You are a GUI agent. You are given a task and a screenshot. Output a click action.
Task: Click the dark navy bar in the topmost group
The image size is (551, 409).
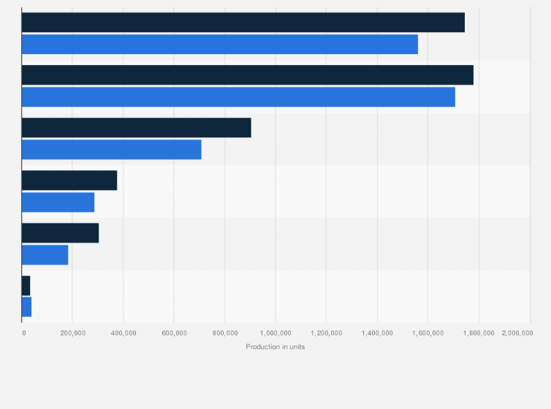(243, 23)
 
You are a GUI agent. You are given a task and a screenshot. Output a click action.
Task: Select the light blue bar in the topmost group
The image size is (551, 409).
(219, 45)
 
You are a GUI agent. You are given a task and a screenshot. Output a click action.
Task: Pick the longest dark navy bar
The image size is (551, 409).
(247, 75)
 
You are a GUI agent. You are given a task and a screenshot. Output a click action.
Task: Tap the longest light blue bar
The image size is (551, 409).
(238, 97)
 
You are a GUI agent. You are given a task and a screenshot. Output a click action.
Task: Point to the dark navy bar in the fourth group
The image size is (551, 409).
(69, 180)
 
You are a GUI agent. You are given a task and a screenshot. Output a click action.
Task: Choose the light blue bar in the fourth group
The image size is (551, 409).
(58, 202)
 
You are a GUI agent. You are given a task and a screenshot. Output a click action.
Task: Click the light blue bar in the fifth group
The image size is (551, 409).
(45, 255)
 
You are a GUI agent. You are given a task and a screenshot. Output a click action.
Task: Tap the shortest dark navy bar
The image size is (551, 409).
(26, 286)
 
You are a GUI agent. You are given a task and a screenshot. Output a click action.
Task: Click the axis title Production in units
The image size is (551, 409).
(275, 347)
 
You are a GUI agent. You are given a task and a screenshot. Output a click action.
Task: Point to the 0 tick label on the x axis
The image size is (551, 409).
(24, 333)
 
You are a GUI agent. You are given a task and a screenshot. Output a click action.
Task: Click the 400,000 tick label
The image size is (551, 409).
(123, 333)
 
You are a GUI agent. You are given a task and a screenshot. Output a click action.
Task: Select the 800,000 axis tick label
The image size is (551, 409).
(225, 333)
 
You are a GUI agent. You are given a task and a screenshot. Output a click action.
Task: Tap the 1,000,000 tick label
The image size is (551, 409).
(275, 333)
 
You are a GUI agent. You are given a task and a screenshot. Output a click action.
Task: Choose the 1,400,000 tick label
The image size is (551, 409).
(377, 333)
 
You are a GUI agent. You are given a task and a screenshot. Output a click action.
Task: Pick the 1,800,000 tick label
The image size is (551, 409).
(479, 333)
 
